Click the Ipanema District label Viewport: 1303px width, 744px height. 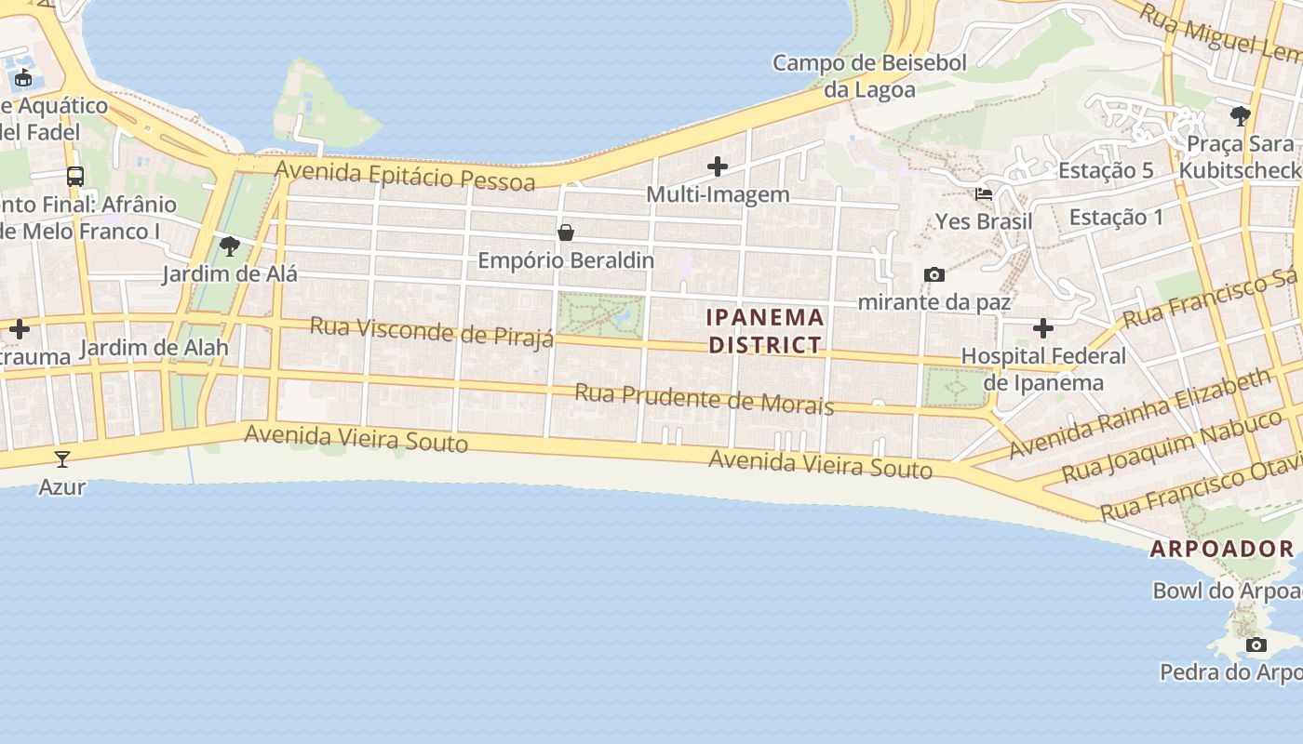click(x=765, y=331)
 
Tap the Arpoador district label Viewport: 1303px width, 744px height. click(x=1222, y=549)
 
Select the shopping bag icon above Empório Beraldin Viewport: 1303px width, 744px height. click(x=565, y=232)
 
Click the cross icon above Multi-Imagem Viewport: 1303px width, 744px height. click(x=717, y=166)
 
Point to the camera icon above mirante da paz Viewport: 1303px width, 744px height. click(x=934, y=274)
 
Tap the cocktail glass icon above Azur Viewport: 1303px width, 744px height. click(x=61, y=458)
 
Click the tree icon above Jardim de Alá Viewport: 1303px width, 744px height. click(x=229, y=246)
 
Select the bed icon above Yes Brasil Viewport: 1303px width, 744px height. click(x=983, y=194)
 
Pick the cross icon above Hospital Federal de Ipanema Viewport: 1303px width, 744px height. click(x=1042, y=328)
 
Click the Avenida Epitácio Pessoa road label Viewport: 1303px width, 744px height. click(x=406, y=175)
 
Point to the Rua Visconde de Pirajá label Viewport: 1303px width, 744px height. click(x=431, y=331)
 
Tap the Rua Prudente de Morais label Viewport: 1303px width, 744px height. click(x=704, y=399)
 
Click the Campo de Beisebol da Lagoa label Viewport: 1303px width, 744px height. click(x=869, y=76)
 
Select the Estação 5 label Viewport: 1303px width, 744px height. click(x=1106, y=170)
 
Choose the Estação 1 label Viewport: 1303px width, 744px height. click(x=1116, y=218)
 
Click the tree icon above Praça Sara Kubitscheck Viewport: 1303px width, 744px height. click(x=1239, y=116)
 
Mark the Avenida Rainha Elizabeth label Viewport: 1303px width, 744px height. click(x=1139, y=413)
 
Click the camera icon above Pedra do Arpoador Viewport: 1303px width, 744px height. click(x=1256, y=644)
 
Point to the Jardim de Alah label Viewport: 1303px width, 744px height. click(x=154, y=349)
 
